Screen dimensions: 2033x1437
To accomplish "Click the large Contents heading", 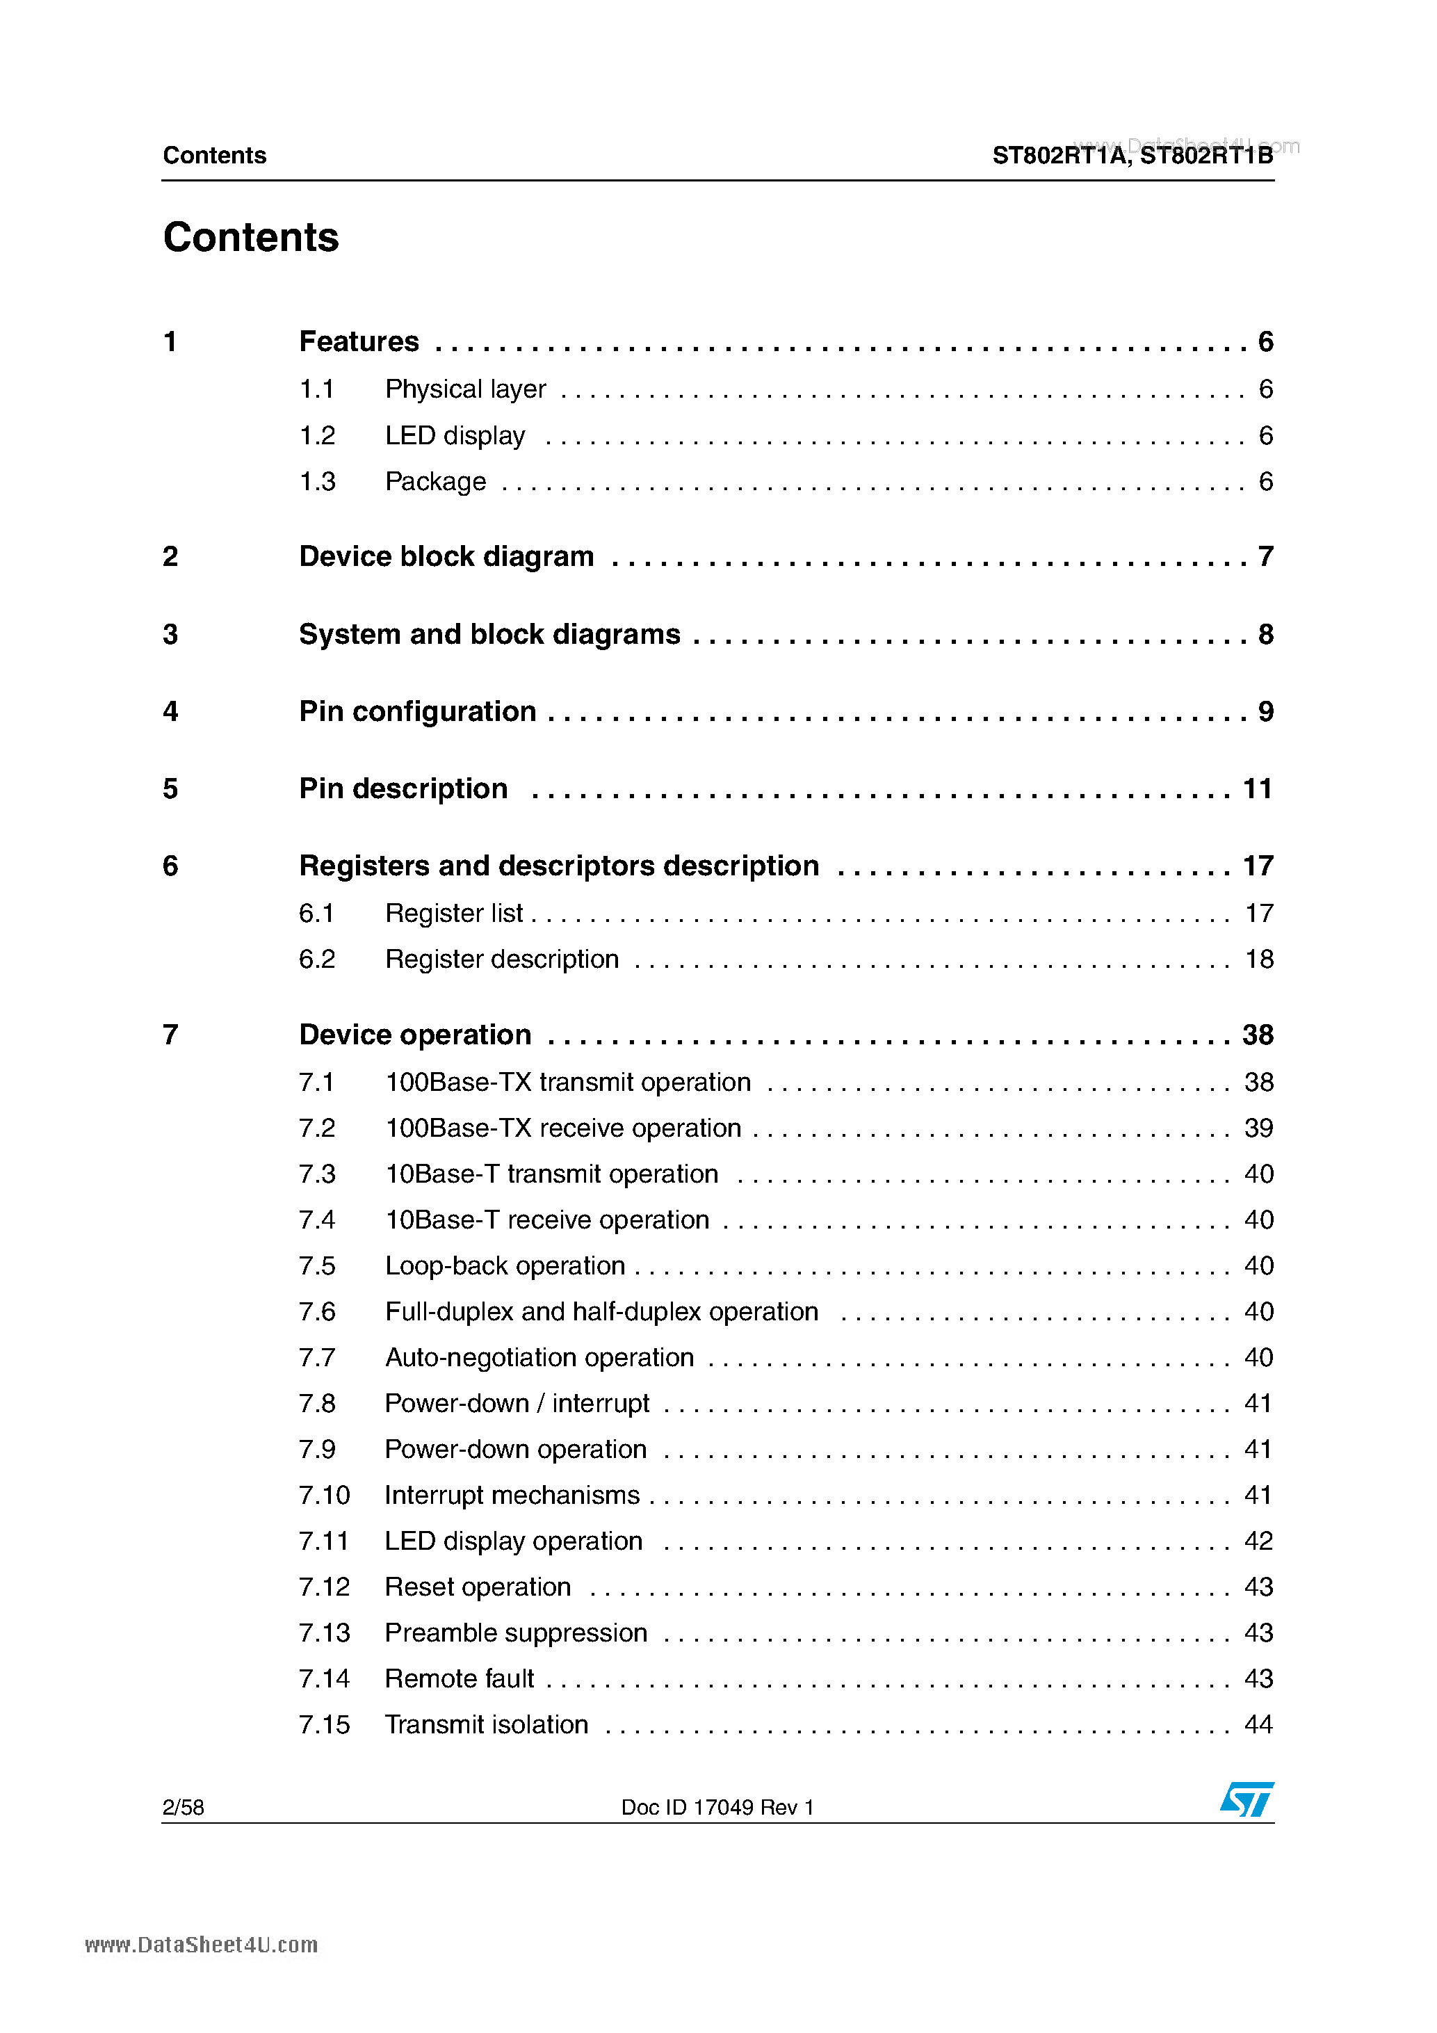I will [250, 237].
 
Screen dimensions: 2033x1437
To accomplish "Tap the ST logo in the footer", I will [1246, 1800].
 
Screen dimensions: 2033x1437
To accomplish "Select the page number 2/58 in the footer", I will [184, 1807].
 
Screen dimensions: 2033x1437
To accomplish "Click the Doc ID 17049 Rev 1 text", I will [717, 1807].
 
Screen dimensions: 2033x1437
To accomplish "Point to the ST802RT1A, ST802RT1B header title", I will [1132, 156].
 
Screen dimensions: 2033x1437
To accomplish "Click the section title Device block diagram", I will [446, 556].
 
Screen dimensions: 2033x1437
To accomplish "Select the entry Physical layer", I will [465, 389].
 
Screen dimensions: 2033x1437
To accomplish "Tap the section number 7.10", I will [324, 1495].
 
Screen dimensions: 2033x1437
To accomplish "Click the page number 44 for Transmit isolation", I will [1258, 1724].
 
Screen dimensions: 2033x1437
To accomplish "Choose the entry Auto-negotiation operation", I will [539, 1357].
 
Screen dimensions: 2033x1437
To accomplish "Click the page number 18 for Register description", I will [1258, 959].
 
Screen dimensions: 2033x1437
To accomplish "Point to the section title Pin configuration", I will [417, 711].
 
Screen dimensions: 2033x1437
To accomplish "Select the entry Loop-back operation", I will [505, 1265].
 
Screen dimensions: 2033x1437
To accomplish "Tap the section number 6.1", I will [316, 913].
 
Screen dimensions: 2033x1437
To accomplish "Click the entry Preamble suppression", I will [515, 1632].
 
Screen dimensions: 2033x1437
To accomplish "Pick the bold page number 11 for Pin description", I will [1257, 788].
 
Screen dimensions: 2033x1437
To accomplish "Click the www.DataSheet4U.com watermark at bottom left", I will [201, 1945].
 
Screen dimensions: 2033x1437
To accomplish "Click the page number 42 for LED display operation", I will [1258, 1541].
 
